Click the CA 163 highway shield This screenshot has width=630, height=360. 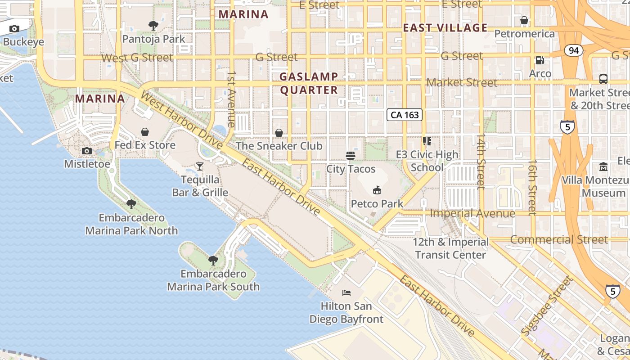pyautogui.click(x=405, y=115)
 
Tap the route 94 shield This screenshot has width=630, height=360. pyautogui.click(x=573, y=50)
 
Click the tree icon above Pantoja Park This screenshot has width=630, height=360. pyautogui.click(x=153, y=25)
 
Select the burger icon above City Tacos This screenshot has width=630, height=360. pyautogui.click(x=351, y=156)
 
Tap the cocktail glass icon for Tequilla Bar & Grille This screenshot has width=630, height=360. pyautogui.click(x=200, y=166)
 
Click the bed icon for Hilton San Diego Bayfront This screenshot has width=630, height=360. pyautogui.click(x=346, y=293)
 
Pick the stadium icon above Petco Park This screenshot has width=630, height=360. pyautogui.click(x=377, y=190)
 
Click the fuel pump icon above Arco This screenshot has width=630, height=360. pyautogui.click(x=540, y=60)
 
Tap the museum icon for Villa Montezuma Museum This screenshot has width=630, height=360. pyautogui.click(x=603, y=167)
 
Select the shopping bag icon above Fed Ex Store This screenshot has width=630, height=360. pyautogui.click(x=145, y=132)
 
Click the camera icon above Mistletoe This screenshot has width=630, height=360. pyautogui.click(x=87, y=151)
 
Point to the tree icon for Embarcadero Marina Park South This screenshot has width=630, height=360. pyautogui.click(x=213, y=260)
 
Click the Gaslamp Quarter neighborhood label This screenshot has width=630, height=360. pyautogui.click(x=309, y=83)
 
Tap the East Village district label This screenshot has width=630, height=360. pyautogui.click(x=445, y=28)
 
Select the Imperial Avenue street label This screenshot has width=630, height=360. pyautogui.click(x=472, y=213)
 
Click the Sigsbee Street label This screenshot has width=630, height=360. pyautogui.click(x=547, y=306)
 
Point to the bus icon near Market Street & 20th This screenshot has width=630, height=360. pyautogui.click(x=603, y=79)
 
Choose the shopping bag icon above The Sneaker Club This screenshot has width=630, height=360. pyautogui.click(x=279, y=133)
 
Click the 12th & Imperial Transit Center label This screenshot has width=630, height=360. pyautogui.click(x=451, y=248)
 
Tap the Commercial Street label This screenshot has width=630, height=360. pyautogui.click(x=559, y=239)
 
